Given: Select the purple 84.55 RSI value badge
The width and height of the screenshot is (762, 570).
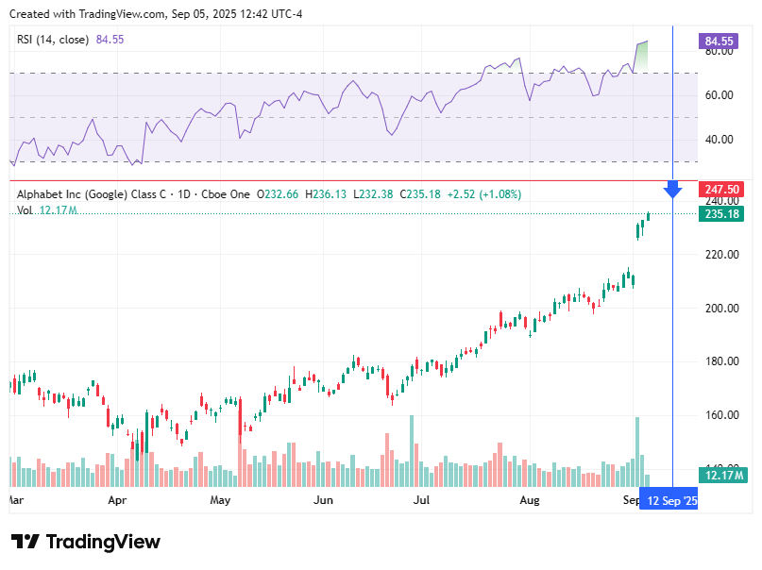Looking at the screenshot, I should point(719,42).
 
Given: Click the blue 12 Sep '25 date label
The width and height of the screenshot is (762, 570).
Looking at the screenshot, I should point(669,501).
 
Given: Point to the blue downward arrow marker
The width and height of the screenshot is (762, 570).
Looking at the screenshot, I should point(672,190).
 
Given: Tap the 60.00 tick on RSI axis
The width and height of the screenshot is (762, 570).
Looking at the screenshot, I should point(720,95).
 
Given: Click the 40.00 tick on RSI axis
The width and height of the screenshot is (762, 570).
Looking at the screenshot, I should point(720,140).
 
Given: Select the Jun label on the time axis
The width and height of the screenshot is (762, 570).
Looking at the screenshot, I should point(323,501).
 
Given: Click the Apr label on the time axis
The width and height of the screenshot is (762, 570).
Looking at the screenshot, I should point(117,501).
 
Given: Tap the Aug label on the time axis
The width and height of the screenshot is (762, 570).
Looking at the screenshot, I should point(530,501).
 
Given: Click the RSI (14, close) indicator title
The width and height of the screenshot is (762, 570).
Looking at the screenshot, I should point(53,40).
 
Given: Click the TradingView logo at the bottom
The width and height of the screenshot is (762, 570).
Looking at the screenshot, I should point(86,542).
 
